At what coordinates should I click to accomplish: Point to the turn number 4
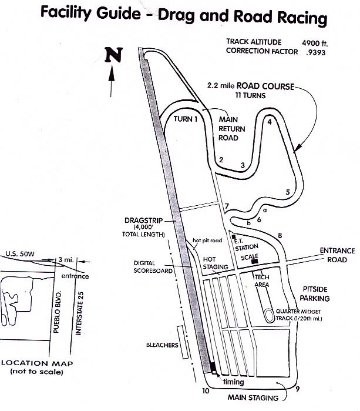click(269, 122)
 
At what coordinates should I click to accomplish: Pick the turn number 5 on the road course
click(287, 192)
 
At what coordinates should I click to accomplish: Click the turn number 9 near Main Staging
click(298, 389)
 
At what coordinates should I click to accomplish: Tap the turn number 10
click(206, 390)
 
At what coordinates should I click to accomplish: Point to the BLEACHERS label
click(162, 345)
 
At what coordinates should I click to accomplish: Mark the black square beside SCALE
click(253, 261)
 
